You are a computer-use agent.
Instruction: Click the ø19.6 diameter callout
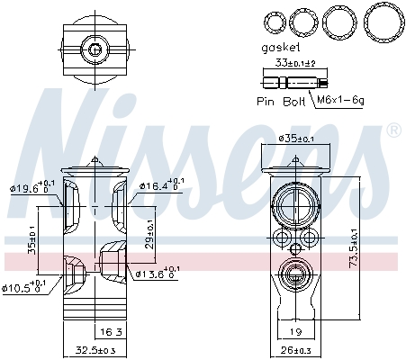click(29, 187)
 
